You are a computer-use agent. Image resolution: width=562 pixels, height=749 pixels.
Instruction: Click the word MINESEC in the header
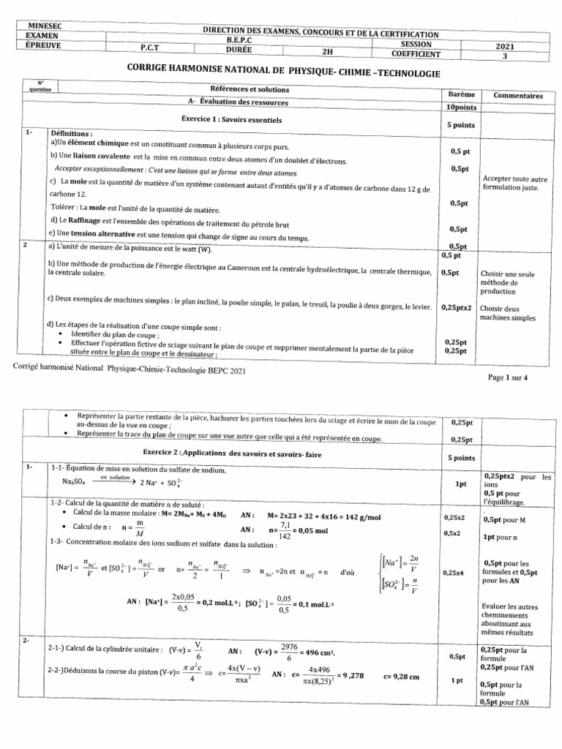point(44,26)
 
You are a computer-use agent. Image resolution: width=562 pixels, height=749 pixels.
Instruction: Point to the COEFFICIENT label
point(416,53)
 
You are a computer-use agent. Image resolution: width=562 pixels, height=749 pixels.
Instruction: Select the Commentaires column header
point(518,95)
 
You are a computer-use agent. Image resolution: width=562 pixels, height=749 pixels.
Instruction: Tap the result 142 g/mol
point(353,517)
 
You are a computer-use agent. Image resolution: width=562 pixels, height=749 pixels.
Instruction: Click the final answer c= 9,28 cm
point(401,677)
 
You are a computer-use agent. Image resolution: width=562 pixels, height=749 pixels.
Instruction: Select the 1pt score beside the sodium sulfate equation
point(460,483)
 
